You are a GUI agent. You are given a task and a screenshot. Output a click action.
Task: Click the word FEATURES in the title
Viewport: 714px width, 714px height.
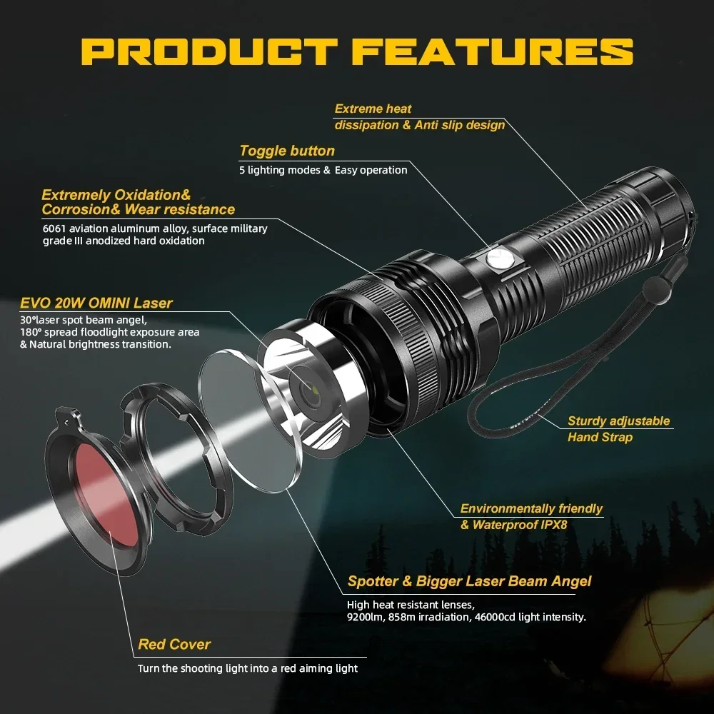click(x=493, y=52)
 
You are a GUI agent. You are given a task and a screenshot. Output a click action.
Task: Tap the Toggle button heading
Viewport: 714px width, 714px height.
click(x=286, y=151)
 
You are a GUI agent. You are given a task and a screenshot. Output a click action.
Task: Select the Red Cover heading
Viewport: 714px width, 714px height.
click(x=174, y=644)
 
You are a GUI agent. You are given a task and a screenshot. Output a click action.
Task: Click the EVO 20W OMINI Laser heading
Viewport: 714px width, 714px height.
click(x=96, y=303)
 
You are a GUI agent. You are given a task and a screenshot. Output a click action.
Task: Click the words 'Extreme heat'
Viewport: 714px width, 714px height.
click(x=373, y=109)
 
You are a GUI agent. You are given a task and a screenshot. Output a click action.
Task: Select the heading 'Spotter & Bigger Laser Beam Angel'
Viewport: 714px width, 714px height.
click(x=469, y=580)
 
